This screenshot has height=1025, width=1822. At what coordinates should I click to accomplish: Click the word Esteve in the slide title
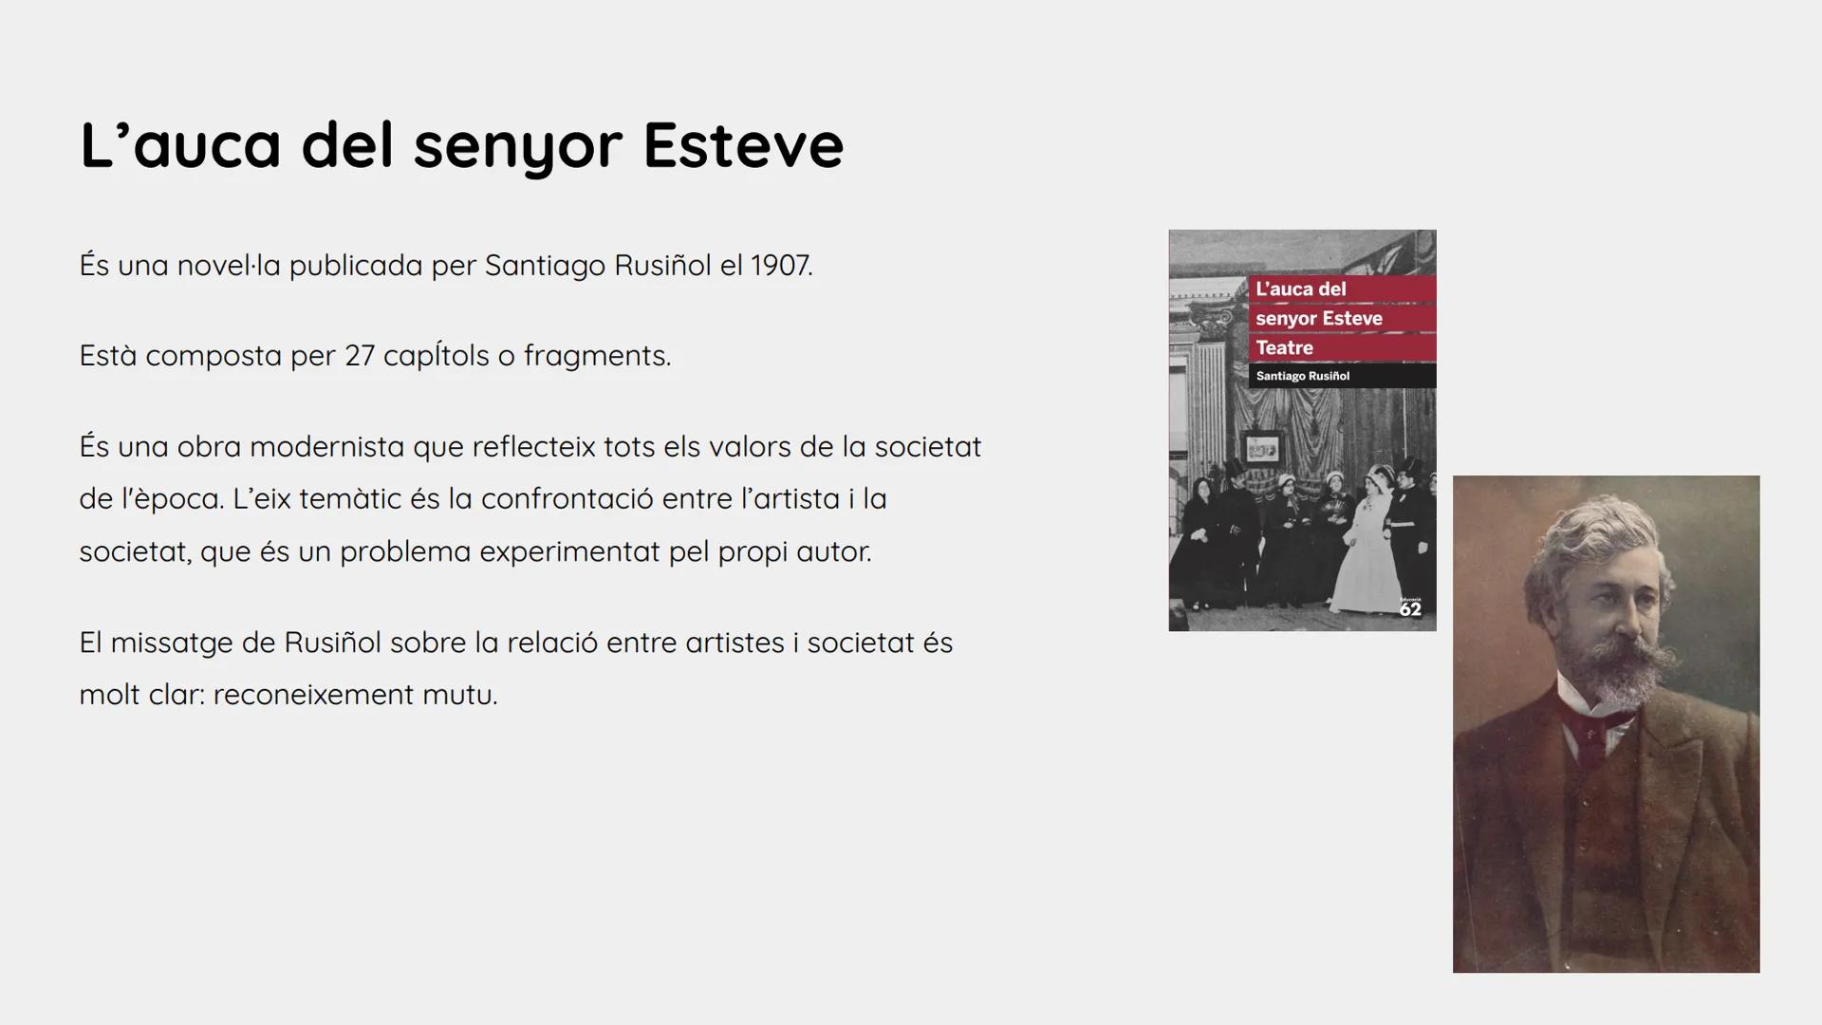point(743,145)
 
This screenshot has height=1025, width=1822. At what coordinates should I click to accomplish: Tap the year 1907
point(782,266)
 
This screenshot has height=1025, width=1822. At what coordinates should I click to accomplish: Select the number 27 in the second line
point(360,356)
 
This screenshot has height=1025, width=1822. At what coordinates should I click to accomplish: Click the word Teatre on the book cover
point(1284,348)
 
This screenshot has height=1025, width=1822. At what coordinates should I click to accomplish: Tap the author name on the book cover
point(1302,377)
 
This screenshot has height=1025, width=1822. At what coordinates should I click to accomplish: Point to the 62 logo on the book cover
point(1410,608)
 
